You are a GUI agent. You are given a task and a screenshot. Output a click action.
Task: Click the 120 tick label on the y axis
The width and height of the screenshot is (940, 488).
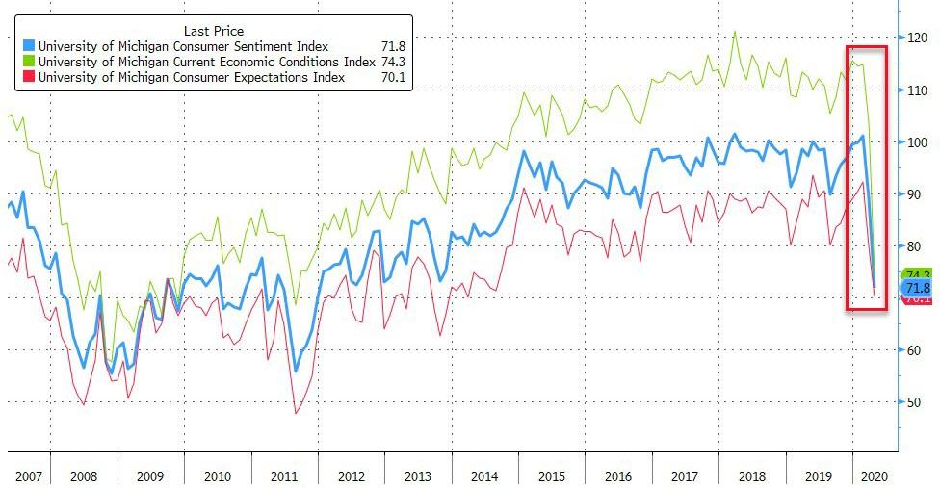click(916, 38)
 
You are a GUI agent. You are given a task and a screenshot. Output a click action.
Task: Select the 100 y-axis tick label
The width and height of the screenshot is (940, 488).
click(916, 141)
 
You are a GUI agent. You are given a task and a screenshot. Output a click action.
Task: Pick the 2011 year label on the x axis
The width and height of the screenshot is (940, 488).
click(285, 476)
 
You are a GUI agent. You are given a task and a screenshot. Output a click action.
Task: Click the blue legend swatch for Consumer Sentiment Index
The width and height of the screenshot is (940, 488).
click(30, 46)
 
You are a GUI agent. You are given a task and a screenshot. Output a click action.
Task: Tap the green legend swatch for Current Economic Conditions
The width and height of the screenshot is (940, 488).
click(30, 63)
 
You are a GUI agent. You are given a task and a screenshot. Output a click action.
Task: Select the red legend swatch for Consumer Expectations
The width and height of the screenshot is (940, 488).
click(30, 79)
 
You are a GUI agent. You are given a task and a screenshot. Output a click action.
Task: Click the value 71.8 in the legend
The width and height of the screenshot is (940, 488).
click(395, 46)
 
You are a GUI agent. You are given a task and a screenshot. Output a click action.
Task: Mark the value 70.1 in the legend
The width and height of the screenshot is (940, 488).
click(395, 79)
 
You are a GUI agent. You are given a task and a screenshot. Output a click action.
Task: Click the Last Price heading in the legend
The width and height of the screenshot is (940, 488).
click(214, 30)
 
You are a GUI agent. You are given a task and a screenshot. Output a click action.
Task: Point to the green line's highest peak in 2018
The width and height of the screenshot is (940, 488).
click(735, 32)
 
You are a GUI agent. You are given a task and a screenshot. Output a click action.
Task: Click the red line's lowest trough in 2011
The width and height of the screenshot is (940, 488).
click(297, 413)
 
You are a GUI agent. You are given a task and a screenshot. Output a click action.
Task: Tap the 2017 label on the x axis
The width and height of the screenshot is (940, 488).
click(685, 476)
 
